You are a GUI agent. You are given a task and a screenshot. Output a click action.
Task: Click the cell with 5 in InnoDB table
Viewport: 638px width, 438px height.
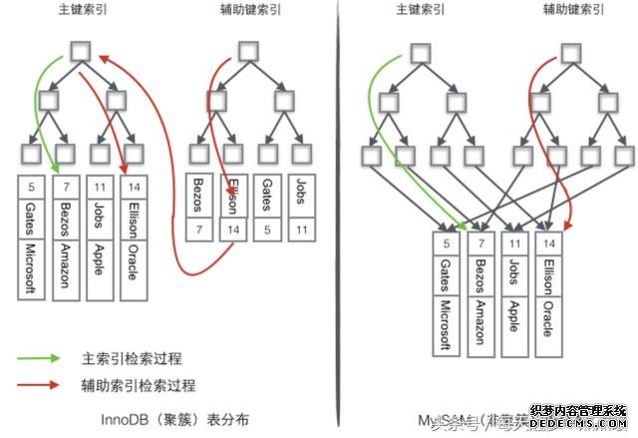click(32, 186)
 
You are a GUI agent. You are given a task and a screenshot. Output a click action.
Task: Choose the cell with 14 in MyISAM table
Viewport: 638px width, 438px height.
click(544, 243)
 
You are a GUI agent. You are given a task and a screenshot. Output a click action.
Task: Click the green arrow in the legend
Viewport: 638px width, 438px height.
click(42, 357)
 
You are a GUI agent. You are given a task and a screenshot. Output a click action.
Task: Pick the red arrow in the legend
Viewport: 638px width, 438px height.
click(42, 384)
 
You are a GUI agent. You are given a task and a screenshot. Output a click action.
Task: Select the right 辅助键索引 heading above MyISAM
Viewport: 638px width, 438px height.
click(573, 11)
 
